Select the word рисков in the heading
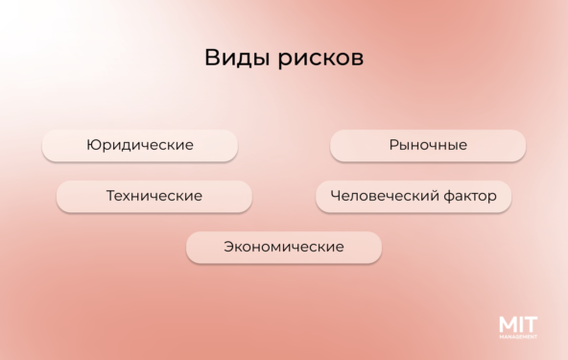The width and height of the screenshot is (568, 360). (321, 60)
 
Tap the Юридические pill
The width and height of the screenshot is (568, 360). (140, 145)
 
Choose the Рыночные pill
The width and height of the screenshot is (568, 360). (428, 145)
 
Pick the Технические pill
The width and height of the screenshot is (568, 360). (154, 196)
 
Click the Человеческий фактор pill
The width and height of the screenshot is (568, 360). (414, 196)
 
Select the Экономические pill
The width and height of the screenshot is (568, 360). (284, 247)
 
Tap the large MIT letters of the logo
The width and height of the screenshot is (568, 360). (518, 324)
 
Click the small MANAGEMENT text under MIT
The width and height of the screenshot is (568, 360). (518, 337)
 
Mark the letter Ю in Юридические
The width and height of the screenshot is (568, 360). (92, 145)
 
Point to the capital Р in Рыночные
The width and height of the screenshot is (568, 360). (393, 145)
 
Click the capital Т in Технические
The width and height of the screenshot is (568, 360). (110, 196)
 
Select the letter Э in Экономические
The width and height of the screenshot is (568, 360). (229, 247)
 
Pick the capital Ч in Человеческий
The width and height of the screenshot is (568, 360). (335, 196)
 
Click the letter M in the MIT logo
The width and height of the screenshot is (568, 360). (508, 324)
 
